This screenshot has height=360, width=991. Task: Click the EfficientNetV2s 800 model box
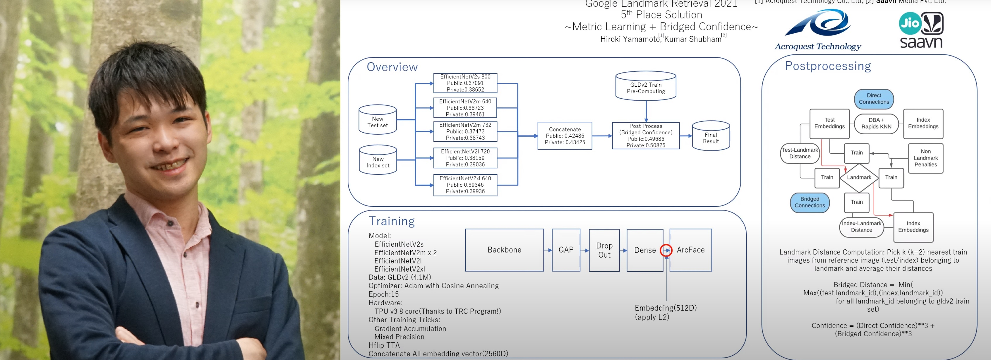pyautogui.click(x=465, y=83)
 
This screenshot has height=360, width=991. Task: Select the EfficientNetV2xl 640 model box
pyautogui.click(x=465, y=185)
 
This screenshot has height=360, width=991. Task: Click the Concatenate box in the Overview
pyautogui.click(x=564, y=136)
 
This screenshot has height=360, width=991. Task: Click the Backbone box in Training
pyautogui.click(x=504, y=250)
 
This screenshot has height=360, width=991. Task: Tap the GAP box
pyautogui.click(x=565, y=250)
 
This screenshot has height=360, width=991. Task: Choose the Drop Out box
pyautogui.click(x=604, y=250)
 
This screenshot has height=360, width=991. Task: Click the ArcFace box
pyautogui.click(x=690, y=250)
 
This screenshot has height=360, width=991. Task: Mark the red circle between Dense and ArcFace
pyautogui.click(x=666, y=250)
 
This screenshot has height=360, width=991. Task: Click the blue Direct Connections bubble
pyautogui.click(x=874, y=99)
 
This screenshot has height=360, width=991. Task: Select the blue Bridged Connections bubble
pyautogui.click(x=810, y=202)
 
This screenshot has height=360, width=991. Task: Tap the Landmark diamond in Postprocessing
pyautogui.click(x=859, y=178)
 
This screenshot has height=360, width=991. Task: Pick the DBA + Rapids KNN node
pyautogui.click(x=876, y=124)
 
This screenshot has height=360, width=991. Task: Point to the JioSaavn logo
pyautogui.click(x=921, y=30)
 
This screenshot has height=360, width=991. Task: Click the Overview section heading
pyautogui.click(x=392, y=67)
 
